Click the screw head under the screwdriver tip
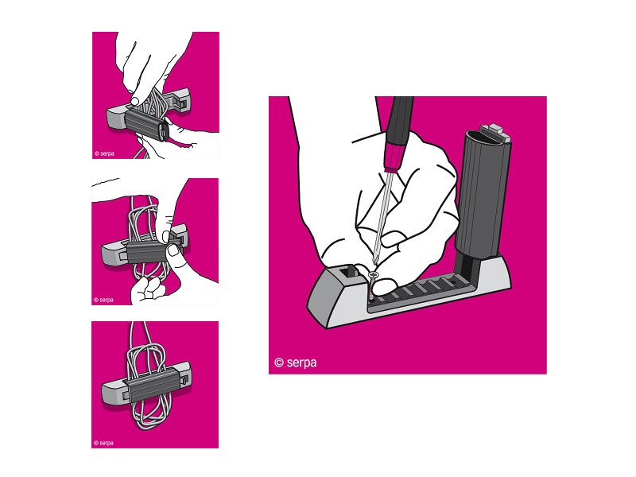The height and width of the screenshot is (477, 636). click(373, 275)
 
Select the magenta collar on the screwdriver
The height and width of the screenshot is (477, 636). click(394, 157)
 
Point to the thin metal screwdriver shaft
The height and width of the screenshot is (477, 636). click(382, 218)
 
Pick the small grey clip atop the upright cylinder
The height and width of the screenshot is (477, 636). click(495, 133)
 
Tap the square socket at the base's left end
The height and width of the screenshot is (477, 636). click(347, 271)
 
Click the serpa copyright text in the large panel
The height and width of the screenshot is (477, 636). click(295, 363)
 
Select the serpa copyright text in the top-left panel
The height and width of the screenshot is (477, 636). click(104, 153)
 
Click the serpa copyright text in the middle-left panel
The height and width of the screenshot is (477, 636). click(103, 300)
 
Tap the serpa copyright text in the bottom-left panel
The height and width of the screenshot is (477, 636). click(103, 443)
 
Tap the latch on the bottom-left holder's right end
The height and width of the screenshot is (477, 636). click(185, 381)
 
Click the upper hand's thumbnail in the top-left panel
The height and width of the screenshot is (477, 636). click(136, 100)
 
